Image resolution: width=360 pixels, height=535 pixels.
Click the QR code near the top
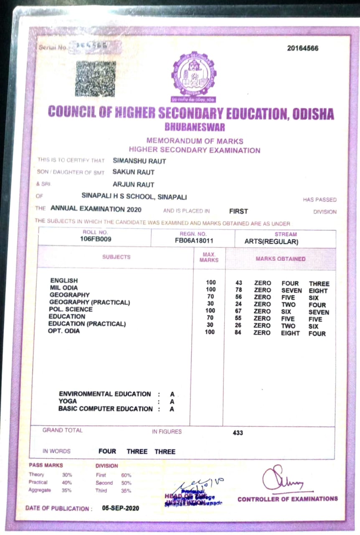[95, 79]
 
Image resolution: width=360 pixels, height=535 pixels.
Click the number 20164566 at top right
[302, 48]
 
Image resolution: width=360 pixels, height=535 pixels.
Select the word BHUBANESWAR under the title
[195, 127]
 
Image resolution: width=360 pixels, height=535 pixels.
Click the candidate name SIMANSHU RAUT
[139, 161]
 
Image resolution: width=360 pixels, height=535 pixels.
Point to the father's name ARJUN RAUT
[133, 184]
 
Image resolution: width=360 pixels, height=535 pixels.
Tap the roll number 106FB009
[96, 239]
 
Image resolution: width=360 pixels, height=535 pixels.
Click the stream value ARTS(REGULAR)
[271, 242]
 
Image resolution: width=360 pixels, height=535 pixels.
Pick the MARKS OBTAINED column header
[280, 259]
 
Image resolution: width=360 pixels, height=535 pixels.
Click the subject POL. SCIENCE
[71, 310]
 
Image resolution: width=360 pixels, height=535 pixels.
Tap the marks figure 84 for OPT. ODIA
[238, 333]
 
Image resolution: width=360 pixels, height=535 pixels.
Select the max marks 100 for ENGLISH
[210, 283]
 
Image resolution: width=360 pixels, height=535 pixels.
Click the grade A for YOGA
[172, 402]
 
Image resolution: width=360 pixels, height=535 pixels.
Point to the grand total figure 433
[238, 433]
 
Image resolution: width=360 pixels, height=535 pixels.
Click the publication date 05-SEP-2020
[120, 508]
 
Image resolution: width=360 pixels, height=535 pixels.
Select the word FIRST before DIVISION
[238, 211]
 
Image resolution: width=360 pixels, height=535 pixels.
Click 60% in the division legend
[126, 475]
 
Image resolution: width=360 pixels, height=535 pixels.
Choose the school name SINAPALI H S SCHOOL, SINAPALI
[134, 197]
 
